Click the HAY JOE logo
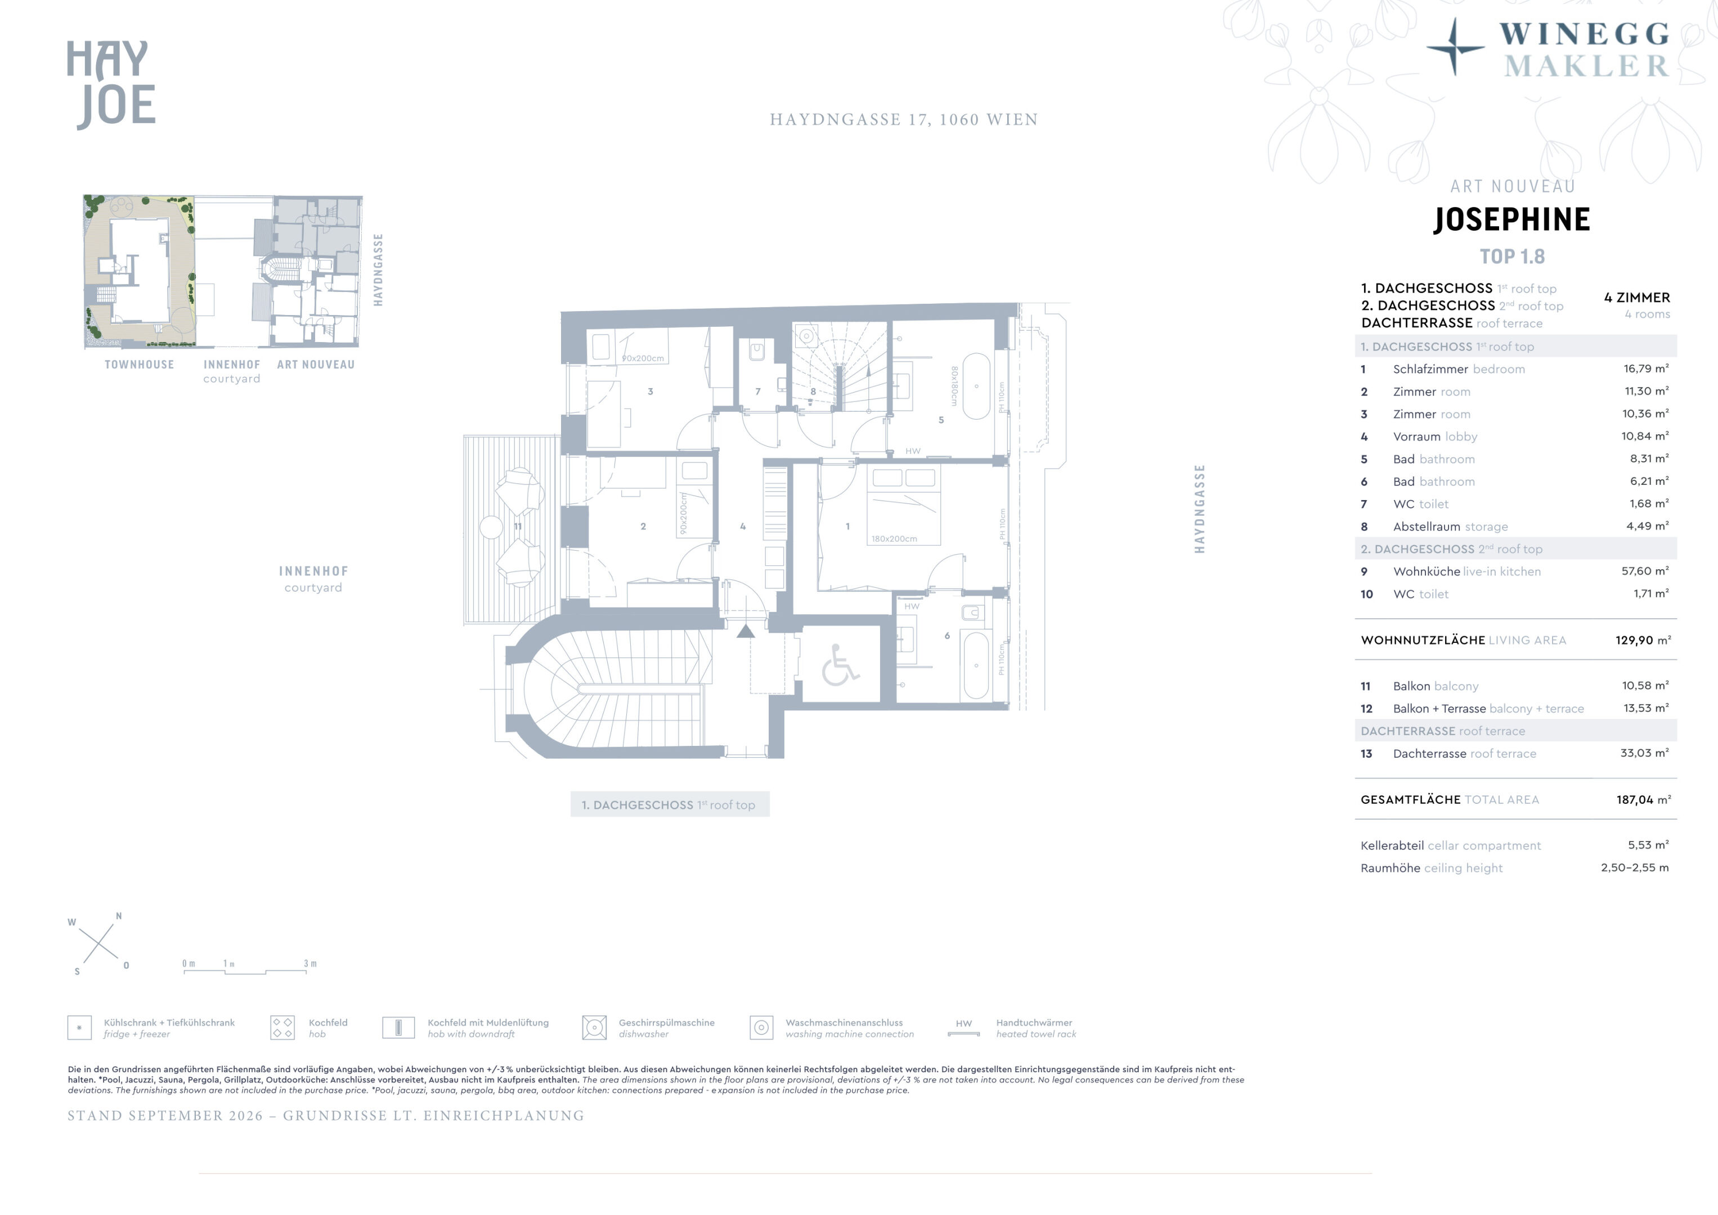click(x=111, y=84)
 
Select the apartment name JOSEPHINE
click(x=1511, y=219)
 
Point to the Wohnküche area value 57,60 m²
click(x=1645, y=571)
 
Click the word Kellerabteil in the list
click(x=1392, y=845)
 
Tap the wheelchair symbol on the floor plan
click(x=840, y=666)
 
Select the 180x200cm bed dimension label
click(x=894, y=539)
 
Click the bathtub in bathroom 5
click(x=976, y=386)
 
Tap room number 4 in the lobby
click(x=742, y=526)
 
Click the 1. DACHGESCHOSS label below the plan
click(x=669, y=805)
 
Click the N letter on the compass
click(x=118, y=916)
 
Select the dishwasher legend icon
click(x=594, y=1027)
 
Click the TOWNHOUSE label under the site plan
click(x=139, y=364)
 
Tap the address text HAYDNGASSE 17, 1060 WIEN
click(x=904, y=120)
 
